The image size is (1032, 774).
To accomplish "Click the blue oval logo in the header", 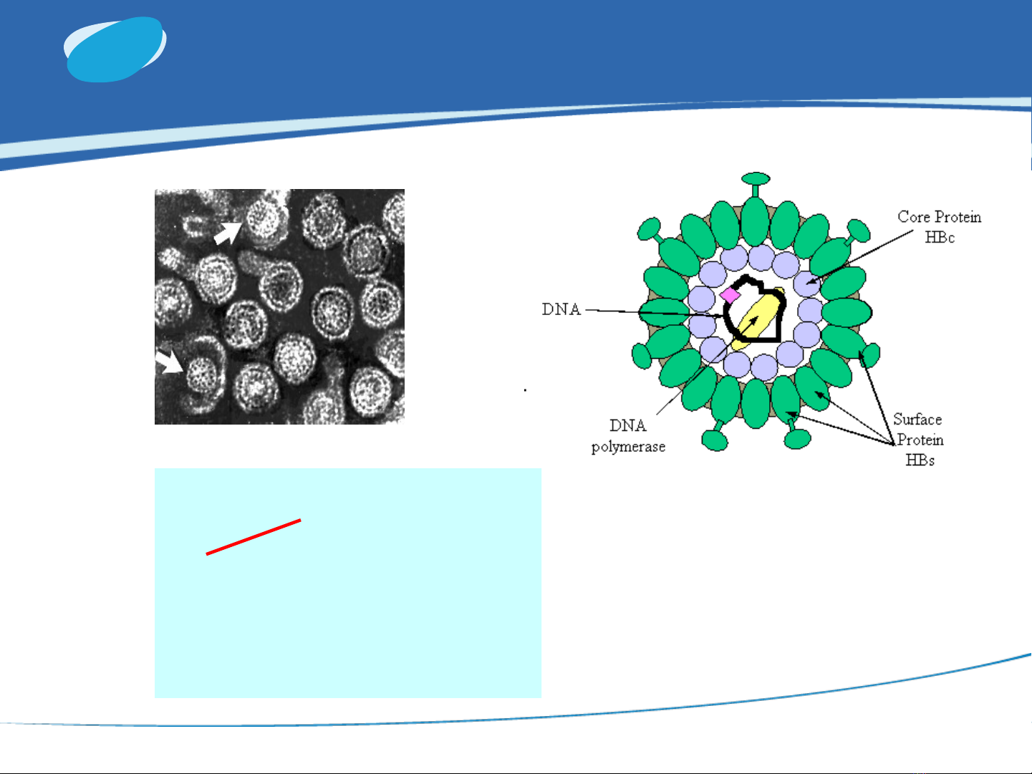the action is [x=115, y=49].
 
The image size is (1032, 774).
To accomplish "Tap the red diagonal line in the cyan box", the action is [x=254, y=537].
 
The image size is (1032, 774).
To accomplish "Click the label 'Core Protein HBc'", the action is [x=940, y=227].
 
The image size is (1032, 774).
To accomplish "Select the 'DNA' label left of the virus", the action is [x=561, y=309].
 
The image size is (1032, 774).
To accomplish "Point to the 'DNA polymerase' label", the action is [x=628, y=436].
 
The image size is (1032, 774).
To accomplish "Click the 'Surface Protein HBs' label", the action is [x=918, y=440].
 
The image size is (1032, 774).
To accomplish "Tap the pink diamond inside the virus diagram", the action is [x=730, y=296].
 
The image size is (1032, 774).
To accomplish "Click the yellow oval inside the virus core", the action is [x=757, y=319].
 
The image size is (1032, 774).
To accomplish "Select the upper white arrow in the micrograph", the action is [x=228, y=233].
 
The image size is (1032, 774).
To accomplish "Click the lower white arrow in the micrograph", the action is [x=169, y=361].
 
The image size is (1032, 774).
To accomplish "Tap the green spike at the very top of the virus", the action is [x=756, y=184].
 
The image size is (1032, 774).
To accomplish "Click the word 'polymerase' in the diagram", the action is [x=628, y=447].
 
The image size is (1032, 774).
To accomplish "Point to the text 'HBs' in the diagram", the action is [x=920, y=460].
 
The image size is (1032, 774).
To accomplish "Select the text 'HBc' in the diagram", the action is [x=940, y=237].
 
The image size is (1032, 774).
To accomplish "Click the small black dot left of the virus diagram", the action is [x=525, y=390].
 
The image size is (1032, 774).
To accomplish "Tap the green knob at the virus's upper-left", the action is [x=650, y=231].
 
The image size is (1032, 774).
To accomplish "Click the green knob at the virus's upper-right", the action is [x=857, y=231].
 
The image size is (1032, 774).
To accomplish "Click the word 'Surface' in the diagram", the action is [x=917, y=419].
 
